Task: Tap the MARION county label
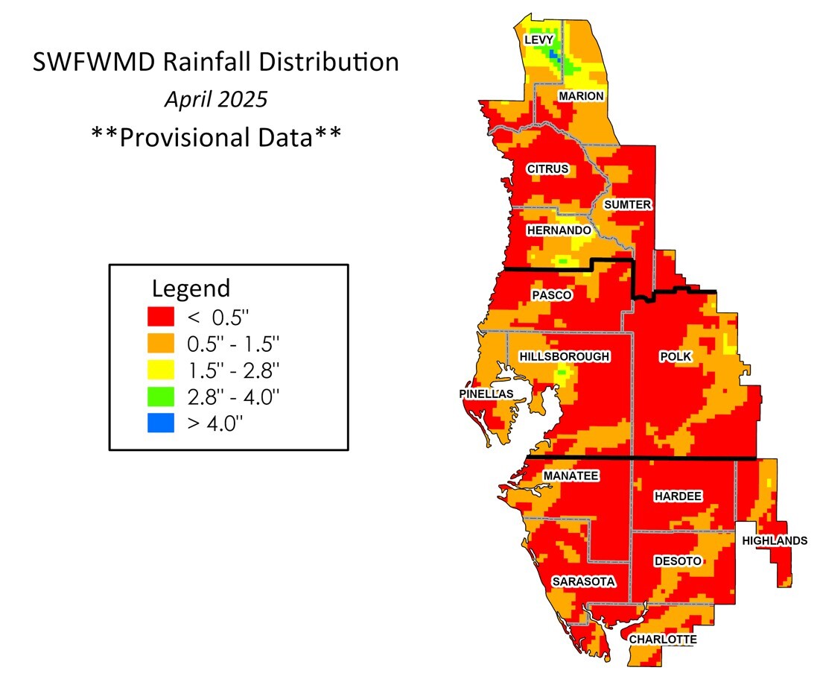(582, 97)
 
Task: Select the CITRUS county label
(547, 169)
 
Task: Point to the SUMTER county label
(628, 204)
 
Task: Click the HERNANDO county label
(559, 231)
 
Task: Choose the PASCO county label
(552, 295)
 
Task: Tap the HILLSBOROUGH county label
(565, 357)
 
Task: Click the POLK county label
(676, 357)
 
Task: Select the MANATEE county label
(571, 476)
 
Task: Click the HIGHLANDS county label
(775, 540)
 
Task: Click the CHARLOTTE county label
(663, 640)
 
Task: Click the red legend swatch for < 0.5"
(162, 316)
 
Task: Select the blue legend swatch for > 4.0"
(162, 423)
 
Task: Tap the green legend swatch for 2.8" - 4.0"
(162, 396)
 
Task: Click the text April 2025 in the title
(216, 100)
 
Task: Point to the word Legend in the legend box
(191, 288)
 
